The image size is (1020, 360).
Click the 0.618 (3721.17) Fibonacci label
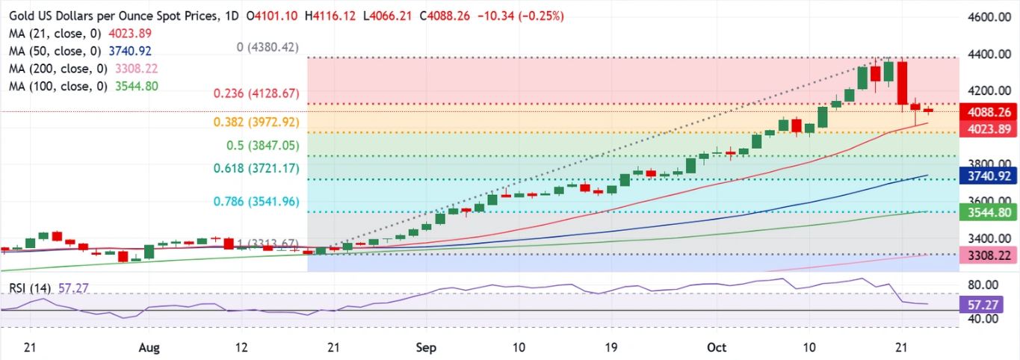[x=257, y=170]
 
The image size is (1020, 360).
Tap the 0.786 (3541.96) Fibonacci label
[x=257, y=201]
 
